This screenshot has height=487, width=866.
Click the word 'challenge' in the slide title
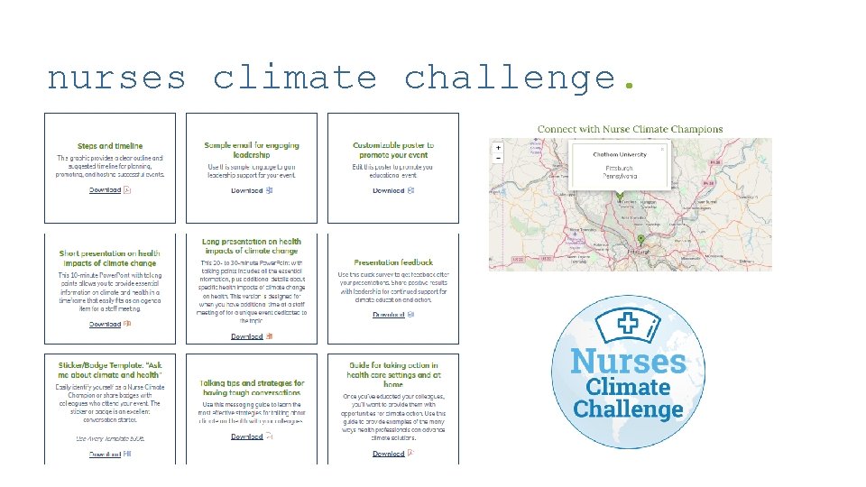(x=511, y=78)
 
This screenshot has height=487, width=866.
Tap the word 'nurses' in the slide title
(x=116, y=78)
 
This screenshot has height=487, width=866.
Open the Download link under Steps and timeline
(x=106, y=190)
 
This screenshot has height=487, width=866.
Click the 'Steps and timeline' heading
(x=110, y=145)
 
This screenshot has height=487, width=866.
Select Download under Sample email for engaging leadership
(x=247, y=190)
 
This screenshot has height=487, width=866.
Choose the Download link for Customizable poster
(x=389, y=190)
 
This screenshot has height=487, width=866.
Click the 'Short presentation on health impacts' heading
(x=110, y=258)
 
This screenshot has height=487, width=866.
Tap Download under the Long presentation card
(x=247, y=336)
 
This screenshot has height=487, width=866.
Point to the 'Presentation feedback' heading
(x=393, y=262)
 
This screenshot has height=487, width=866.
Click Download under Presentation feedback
(x=389, y=315)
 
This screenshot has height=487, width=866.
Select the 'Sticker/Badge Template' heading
(x=110, y=370)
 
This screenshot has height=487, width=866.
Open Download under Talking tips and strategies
(x=247, y=436)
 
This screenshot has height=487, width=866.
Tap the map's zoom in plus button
(x=498, y=147)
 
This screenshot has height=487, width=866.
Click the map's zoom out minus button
(x=498, y=157)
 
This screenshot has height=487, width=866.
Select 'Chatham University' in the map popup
(x=619, y=154)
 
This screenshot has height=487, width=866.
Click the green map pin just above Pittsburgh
(x=640, y=239)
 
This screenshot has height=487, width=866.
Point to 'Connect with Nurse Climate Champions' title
(x=630, y=129)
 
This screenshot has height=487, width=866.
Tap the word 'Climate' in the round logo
(x=629, y=386)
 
